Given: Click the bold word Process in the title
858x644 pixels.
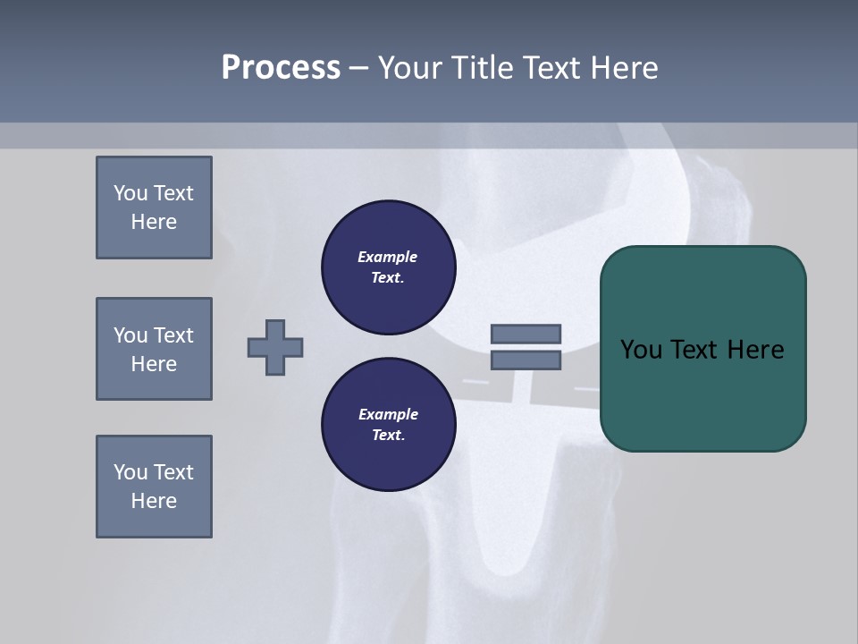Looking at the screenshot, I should pos(281,68).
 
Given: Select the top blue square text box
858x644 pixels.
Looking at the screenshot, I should pos(154,208).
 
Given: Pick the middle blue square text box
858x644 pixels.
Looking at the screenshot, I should pos(154,349).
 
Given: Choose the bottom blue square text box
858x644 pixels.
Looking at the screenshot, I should pos(154,487).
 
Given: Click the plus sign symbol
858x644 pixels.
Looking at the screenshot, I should pos(275,347).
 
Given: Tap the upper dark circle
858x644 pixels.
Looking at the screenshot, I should pos(388,267).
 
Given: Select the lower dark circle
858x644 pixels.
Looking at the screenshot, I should pos(388,425).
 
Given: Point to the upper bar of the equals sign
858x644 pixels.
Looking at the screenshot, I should pos(526,334).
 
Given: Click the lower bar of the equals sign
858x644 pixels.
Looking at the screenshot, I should pos(526,360).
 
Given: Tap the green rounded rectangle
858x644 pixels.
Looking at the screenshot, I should pos(702,394).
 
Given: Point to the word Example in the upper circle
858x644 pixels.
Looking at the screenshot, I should pos(387,257).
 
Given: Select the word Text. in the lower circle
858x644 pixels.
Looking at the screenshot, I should pos(387,436).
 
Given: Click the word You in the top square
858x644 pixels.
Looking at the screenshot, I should pos(129,193).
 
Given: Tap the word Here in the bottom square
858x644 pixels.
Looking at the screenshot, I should pos(154,501).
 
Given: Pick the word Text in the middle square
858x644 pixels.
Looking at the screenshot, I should pos(173,335).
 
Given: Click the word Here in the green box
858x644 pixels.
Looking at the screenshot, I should pos(756,350).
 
